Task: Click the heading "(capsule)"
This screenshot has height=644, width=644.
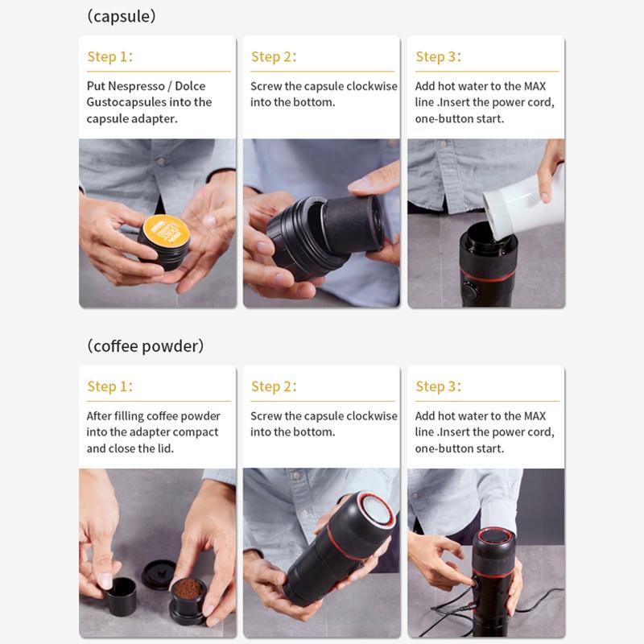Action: [122, 17]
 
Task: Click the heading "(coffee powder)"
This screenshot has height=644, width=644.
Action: [146, 346]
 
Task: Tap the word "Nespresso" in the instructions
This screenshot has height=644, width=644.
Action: [137, 86]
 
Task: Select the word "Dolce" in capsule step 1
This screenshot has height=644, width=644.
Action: [190, 86]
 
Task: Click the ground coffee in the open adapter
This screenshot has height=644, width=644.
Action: [188, 589]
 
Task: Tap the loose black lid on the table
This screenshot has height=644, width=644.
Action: [158, 575]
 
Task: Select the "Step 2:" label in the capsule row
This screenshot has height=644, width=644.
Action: [274, 56]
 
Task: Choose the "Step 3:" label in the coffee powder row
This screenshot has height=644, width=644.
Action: [438, 386]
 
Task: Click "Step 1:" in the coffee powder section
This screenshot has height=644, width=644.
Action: [110, 386]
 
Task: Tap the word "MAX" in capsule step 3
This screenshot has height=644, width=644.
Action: [535, 86]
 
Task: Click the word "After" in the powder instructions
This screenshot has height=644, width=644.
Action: [99, 416]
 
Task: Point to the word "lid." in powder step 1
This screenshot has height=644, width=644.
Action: [166, 448]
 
